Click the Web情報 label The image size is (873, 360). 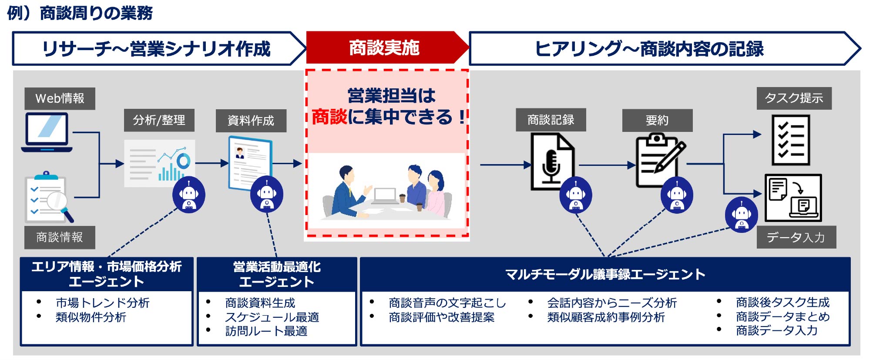click(x=60, y=98)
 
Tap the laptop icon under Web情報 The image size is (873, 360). click(x=47, y=132)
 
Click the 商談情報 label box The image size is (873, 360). click(x=60, y=237)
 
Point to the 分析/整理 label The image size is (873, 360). click(x=159, y=120)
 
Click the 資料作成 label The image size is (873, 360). click(x=251, y=121)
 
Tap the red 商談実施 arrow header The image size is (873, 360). click(x=384, y=48)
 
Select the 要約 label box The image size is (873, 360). click(x=657, y=120)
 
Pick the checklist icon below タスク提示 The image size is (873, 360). click(x=790, y=140)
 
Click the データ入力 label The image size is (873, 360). click(x=796, y=237)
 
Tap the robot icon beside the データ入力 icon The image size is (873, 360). click(x=741, y=215)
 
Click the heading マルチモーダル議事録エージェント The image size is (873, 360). click(x=605, y=274)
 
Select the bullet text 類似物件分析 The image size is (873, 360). click(x=91, y=317)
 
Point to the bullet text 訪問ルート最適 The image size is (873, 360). click(x=266, y=331)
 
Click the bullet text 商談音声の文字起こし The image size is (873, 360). click(x=447, y=303)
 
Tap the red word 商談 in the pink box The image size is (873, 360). click(x=329, y=117)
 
